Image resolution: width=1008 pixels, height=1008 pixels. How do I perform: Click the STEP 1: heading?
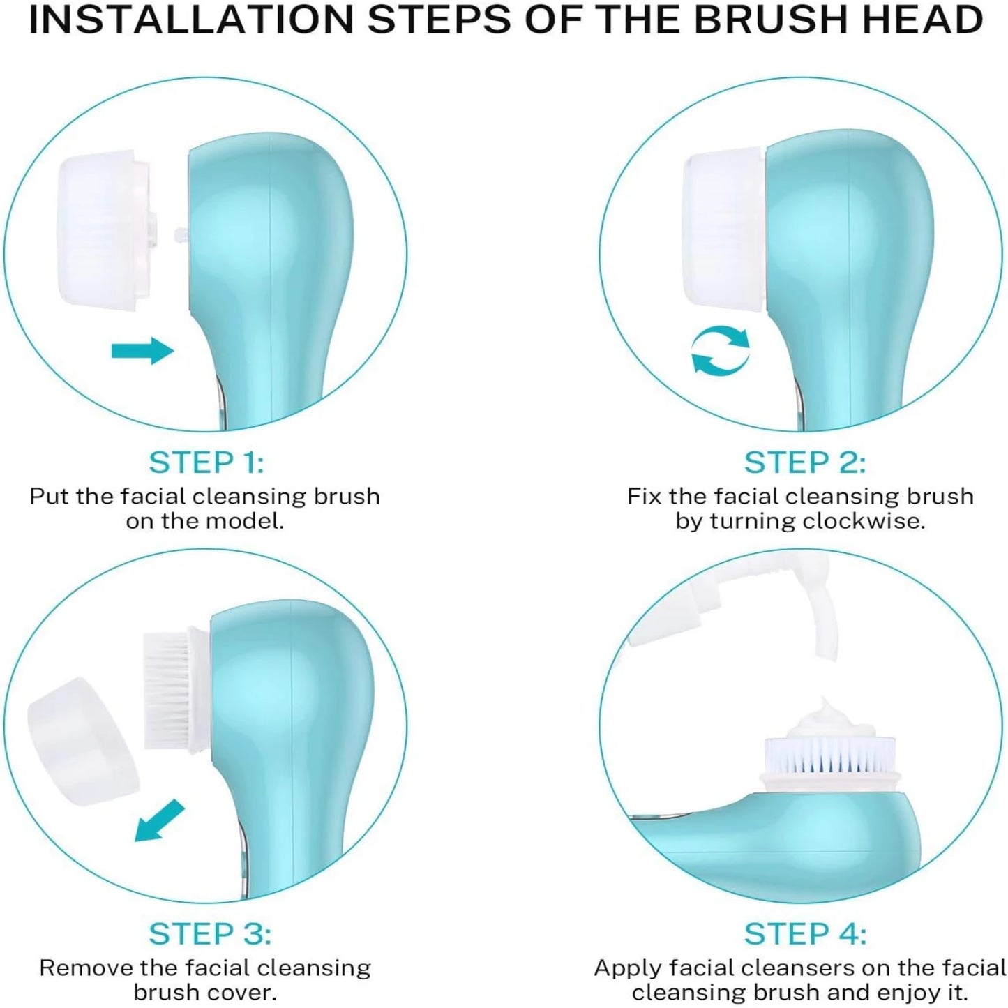pyautogui.click(x=206, y=462)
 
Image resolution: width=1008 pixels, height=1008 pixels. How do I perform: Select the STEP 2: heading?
pyautogui.click(x=804, y=462)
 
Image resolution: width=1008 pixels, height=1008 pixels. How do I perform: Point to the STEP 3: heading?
pyautogui.click(x=209, y=934)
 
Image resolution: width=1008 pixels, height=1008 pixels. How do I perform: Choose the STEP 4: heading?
pyautogui.click(x=804, y=934)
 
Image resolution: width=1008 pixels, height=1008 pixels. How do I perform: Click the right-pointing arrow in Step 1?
pyautogui.click(x=142, y=350)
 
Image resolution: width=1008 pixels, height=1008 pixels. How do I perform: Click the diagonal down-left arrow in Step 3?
pyautogui.click(x=159, y=821)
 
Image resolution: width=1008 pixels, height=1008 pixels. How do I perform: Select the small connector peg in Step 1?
pyautogui.click(x=179, y=234)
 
